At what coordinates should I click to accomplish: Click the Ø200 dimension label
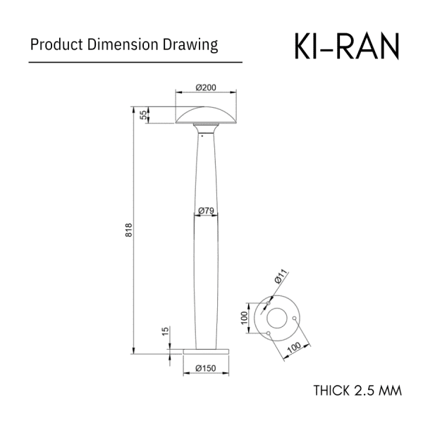206,87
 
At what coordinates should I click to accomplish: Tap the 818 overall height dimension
129,230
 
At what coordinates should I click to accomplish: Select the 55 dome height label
145,115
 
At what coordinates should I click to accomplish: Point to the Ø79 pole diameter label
206,211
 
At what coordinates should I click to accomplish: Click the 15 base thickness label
166,331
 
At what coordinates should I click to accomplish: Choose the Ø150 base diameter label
206,368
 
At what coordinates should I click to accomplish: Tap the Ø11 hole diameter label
281,276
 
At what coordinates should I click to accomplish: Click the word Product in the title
56,44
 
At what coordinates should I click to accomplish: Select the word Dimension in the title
123,44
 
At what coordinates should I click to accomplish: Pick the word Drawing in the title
190,45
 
